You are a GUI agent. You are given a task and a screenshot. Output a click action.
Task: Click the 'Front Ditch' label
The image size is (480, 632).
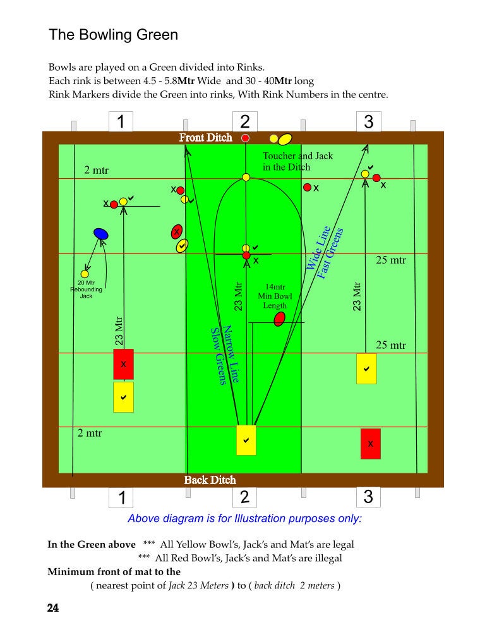coord(205,138)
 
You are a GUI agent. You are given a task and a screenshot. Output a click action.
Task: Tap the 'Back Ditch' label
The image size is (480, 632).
coord(210,480)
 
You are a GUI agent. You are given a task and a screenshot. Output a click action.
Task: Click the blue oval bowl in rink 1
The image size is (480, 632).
coord(100,233)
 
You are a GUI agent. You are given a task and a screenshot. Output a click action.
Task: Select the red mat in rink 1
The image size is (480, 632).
coord(123,364)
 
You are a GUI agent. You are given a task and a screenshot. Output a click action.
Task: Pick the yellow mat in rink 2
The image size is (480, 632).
coord(246,440)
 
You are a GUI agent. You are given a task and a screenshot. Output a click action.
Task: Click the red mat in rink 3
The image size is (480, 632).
coord(371,444)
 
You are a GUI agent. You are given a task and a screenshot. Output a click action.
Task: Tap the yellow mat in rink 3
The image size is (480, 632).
coord(366,369)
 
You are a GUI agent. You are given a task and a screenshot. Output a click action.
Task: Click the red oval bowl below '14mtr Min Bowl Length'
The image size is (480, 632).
coord(279,319)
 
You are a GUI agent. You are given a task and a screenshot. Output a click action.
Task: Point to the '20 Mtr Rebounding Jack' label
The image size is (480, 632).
coord(86,289)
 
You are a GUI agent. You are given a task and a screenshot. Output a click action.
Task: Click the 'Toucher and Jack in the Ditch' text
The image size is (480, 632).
coord(297,161)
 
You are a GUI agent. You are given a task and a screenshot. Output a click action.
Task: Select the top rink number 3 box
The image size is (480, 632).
coord(368,121)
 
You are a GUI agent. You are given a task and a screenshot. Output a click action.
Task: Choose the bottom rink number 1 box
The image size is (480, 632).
coord(121,498)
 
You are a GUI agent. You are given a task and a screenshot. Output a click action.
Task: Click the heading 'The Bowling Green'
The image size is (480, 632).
coord(113,35)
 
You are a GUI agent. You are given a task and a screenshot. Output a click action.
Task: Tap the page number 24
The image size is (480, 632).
coord(53,608)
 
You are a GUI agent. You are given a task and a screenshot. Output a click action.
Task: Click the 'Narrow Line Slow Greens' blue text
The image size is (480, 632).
coord(225,355)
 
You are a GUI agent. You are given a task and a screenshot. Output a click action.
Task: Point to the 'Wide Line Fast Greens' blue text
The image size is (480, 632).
coord(325,252)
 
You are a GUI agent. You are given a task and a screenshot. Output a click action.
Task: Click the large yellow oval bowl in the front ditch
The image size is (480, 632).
coord(285,139)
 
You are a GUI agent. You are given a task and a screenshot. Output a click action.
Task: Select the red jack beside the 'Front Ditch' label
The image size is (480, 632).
coord(245,138)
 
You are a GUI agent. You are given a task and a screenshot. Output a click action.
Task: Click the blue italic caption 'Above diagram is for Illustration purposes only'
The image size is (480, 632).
coord(245,518)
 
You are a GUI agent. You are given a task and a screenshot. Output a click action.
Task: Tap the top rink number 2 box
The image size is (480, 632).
coord(245,121)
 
